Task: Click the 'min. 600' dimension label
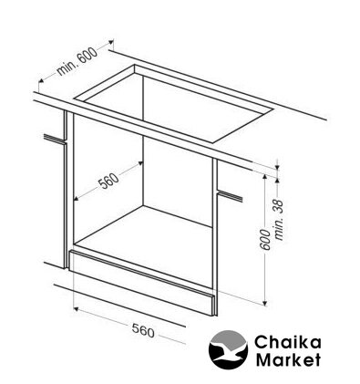77,62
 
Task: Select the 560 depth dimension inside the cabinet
108,181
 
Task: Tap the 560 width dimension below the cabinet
143,330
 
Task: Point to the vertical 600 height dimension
265,240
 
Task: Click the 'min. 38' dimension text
279,220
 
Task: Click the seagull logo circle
228,349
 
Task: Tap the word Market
288,359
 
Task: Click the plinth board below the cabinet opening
142,283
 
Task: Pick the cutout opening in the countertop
174,103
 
